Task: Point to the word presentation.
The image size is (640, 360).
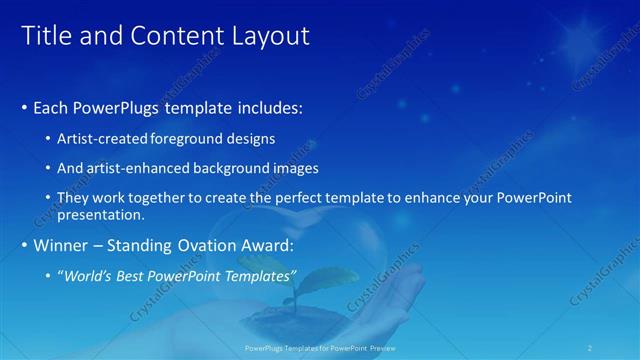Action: (102, 214)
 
